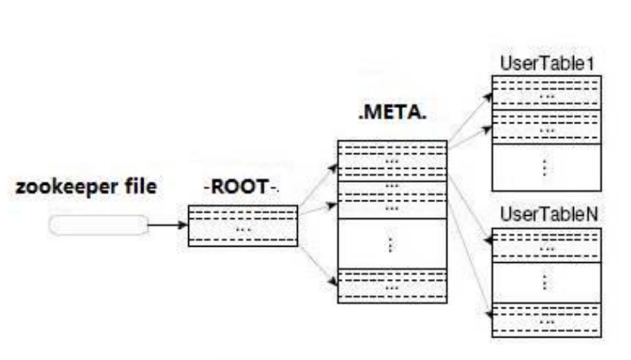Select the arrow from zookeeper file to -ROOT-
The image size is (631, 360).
click(x=167, y=226)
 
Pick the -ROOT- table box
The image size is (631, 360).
click(x=242, y=226)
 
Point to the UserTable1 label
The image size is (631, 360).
click(x=546, y=62)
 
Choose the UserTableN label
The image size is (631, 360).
click(x=546, y=214)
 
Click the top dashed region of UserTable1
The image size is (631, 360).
click(x=547, y=93)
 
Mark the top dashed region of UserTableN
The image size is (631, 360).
click(x=547, y=246)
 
